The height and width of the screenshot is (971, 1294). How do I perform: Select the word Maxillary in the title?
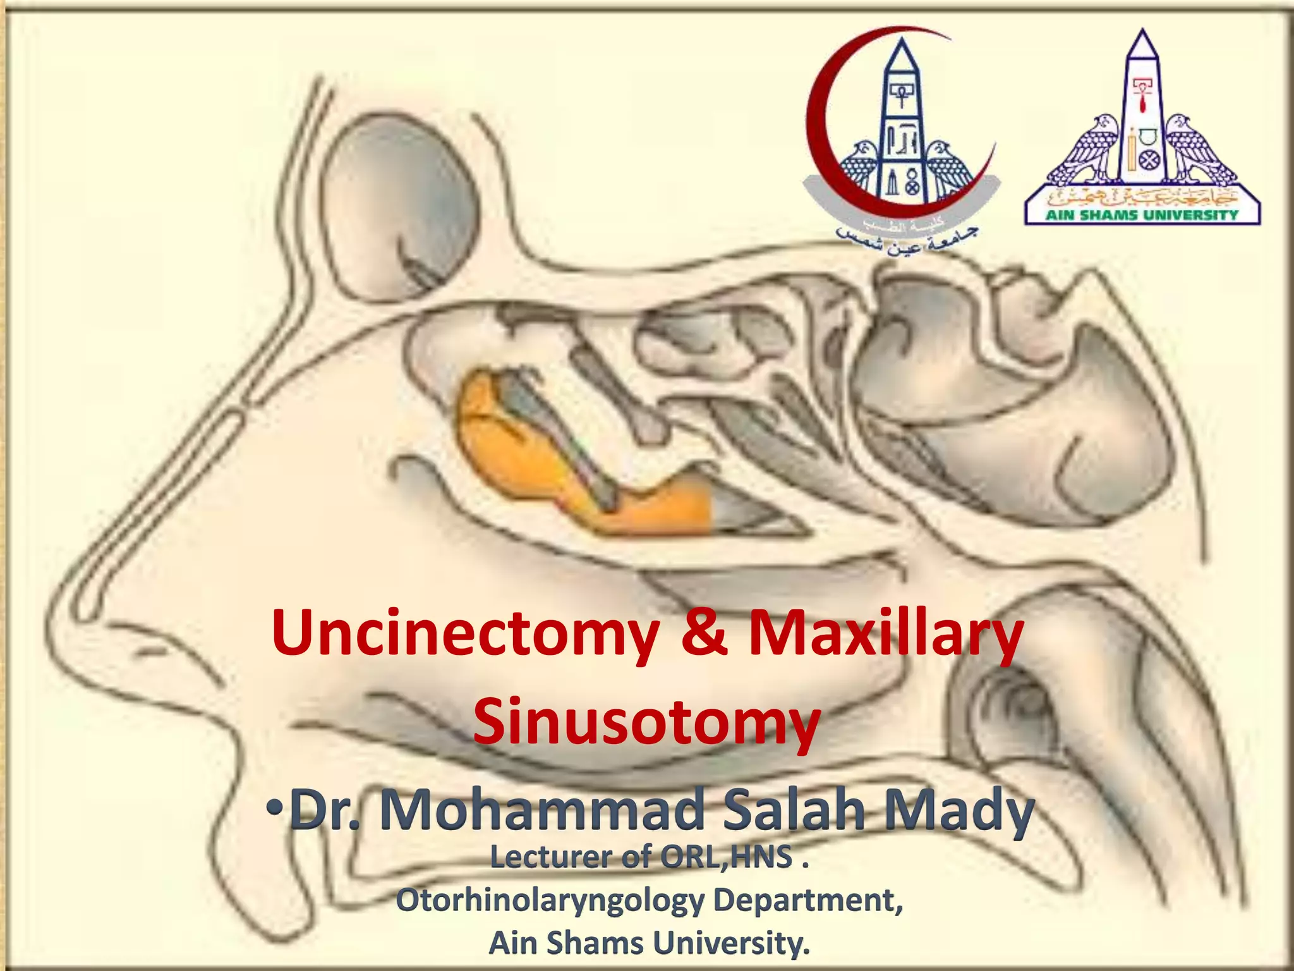click(885, 634)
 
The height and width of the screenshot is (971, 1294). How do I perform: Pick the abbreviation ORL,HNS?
click(727, 858)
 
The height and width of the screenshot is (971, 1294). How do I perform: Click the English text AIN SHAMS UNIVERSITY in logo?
click(1141, 215)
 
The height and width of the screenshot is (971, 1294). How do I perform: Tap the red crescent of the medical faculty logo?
click(821, 126)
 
